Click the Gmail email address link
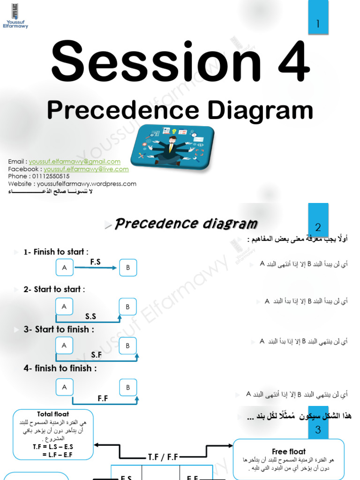[x=75, y=162]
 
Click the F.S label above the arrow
[x=96, y=262]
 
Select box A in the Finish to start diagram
[x=64, y=268]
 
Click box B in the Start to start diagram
[x=127, y=307]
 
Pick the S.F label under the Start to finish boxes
[x=97, y=355]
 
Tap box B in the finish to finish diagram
[x=127, y=388]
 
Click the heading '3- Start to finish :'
[x=59, y=330]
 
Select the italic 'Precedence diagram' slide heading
[x=186, y=224]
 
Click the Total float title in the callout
[x=53, y=414]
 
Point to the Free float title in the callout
[x=288, y=452]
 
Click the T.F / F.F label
[x=163, y=457]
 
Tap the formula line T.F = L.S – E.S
[x=53, y=447]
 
